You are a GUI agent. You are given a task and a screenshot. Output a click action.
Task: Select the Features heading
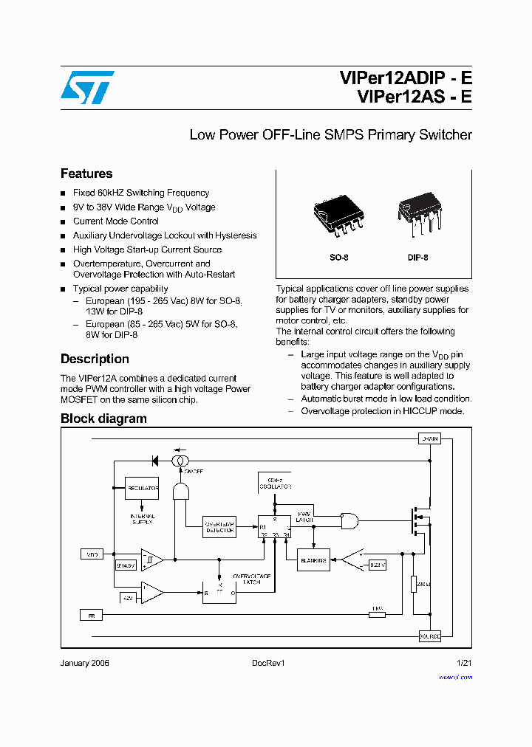86,173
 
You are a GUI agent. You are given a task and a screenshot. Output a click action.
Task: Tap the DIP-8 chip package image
418,213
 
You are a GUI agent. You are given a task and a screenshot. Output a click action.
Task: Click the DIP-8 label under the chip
418,258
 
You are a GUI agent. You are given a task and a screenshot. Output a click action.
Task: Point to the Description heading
95,359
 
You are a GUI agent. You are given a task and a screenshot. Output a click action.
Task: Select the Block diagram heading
103,419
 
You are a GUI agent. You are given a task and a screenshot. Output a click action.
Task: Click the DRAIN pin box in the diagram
429,439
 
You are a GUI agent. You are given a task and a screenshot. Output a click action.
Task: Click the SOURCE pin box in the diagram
429,636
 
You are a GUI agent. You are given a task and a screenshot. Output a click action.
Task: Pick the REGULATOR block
143,489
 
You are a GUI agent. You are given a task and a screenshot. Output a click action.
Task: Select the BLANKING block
313,560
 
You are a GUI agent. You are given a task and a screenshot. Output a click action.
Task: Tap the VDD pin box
92,553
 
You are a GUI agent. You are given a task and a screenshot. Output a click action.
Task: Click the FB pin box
92,614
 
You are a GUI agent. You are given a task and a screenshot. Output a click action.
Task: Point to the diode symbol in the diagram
155,461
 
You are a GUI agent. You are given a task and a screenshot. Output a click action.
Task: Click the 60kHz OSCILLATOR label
275,483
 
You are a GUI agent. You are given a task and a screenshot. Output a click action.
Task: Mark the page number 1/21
464,663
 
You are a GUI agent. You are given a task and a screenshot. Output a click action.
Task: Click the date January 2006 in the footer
84,663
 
